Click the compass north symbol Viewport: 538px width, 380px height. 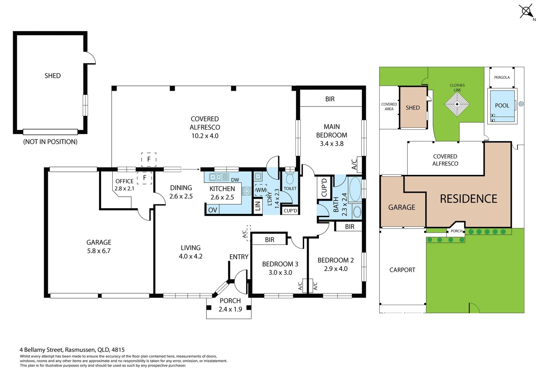pyautogui.click(x=526, y=12)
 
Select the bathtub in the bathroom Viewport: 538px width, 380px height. pyautogui.click(x=355, y=189)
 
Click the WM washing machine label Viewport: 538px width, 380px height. pyautogui.click(x=261, y=190)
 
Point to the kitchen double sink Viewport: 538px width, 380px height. pyautogui.click(x=219, y=177)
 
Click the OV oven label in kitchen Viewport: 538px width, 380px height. pyautogui.click(x=212, y=210)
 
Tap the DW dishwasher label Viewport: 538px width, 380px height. pyautogui.click(x=235, y=180)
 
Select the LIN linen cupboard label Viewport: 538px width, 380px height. pyautogui.click(x=258, y=206)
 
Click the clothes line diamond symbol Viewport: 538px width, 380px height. pyautogui.click(x=457, y=104)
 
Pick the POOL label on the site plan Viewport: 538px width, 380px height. pyautogui.click(x=502, y=106)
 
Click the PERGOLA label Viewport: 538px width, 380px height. pyautogui.click(x=502, y=77)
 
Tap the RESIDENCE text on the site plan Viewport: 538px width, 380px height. pyautogui.click(x=468, y=199)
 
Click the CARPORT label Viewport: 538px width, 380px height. pyautogui.click(x=402, y=270)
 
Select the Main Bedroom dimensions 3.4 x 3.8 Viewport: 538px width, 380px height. pyautogui.click(x=332, y=144)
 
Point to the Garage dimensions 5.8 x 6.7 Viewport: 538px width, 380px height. pyautogui.click(x=99, y=251)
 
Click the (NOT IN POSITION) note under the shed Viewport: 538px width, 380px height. pyautogui.click(x=50, y=142)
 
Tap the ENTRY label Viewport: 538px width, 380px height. pyautogui.click(x=239, y=257)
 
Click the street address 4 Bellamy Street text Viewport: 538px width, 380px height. pyautogui.click(x=72, y=350)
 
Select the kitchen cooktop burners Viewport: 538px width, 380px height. pyautogui.click(x=246, y=191)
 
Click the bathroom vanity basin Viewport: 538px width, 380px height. pyautogui.click(x=357, y=212)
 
